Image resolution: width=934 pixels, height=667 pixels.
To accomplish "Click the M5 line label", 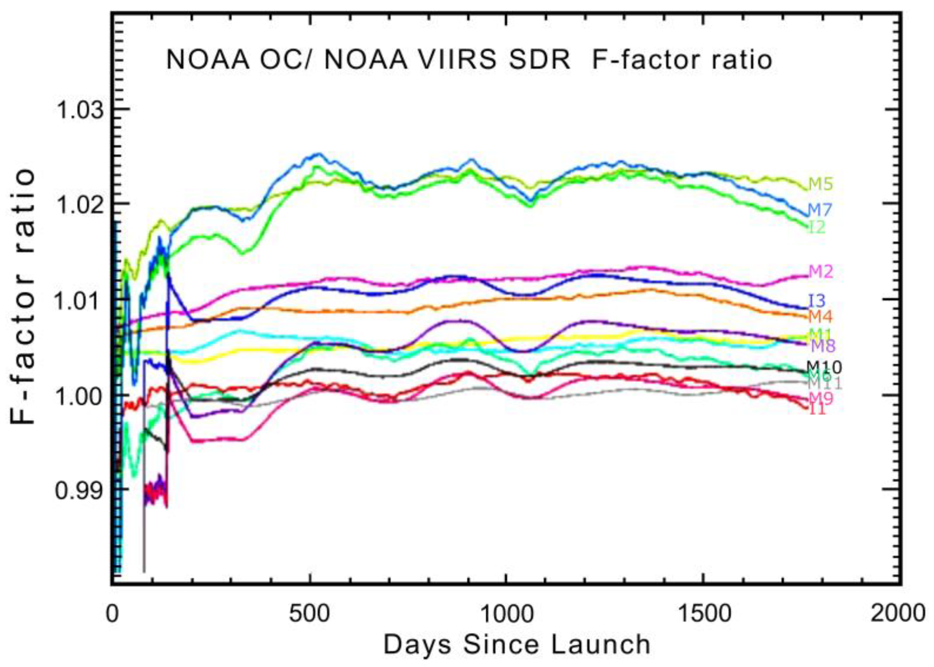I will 821,185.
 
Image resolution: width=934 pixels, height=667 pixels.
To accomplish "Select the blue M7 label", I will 820,210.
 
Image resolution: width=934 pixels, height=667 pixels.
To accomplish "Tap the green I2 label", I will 817,227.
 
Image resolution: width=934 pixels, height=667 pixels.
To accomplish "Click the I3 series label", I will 817,301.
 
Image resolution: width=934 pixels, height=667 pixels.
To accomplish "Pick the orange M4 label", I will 820,317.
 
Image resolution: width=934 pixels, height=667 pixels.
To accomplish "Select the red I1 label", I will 817,410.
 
